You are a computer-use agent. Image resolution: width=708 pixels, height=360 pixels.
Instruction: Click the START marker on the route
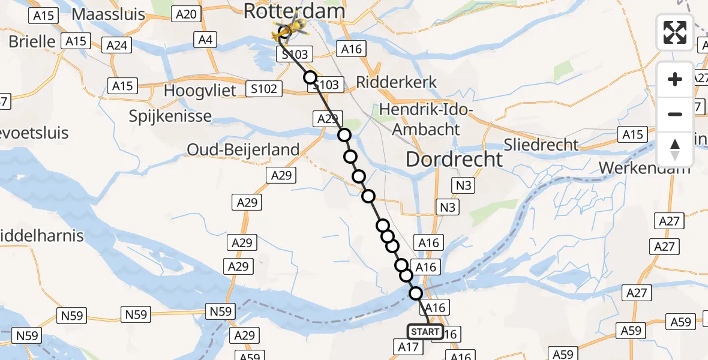point(425,331)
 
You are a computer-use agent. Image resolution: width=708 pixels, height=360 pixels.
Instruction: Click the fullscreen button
point(675,32)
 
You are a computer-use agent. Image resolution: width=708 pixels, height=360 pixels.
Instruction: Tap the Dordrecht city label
point(454,159)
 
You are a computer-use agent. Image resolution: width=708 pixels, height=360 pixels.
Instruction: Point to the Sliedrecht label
point(542,145)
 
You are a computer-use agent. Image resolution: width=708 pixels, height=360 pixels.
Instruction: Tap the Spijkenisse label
point(170,116)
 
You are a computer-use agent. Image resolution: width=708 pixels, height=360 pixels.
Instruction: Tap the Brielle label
point(32,41)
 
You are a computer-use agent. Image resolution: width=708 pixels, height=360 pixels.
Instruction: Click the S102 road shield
point(264,89)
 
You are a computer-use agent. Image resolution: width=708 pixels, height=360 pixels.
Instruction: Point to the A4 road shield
point(205,40)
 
